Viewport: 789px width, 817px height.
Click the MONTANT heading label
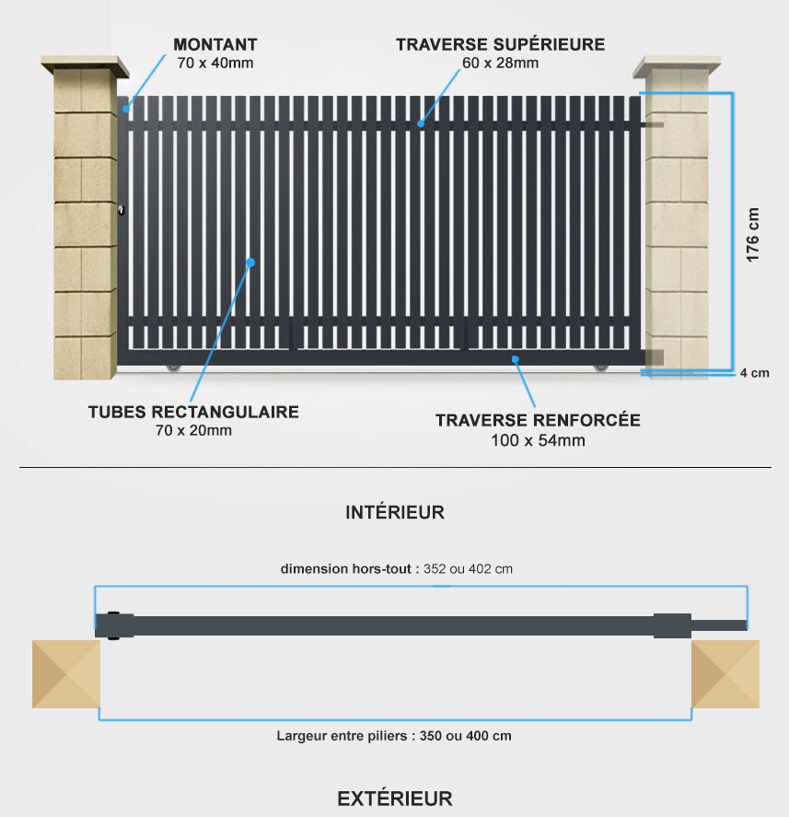click(215, 45)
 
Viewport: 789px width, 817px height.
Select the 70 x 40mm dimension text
click(215, 63)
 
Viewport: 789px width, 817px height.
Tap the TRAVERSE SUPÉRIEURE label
click(501, 44)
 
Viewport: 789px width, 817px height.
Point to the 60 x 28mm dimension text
click(501, 63)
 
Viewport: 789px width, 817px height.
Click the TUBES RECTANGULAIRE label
click(193, 412)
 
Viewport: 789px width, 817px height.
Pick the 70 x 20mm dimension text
click(193, 430)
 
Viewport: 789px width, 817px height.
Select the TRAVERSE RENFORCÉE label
click(538, 420)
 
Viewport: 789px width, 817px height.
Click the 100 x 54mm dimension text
click(538, 440)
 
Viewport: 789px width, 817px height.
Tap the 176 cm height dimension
click(752, 235)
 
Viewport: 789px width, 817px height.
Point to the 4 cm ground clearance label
click(755, 373)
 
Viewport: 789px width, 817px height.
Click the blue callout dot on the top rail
click(421, 123)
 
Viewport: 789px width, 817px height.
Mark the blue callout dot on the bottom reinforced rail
click(515, 359)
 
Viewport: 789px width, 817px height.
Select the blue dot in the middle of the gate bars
click(250, 263)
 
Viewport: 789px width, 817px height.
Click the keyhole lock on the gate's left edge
click(122, 210)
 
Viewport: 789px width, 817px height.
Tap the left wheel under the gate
click(173, 368)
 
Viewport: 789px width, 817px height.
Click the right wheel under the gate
click(601, 368)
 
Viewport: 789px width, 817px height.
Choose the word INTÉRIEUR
click(395, 513)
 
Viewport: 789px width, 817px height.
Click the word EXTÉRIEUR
click(395, 799)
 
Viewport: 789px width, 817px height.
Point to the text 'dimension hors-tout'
click(346, 569)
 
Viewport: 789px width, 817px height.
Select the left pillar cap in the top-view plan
click(66, 674)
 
